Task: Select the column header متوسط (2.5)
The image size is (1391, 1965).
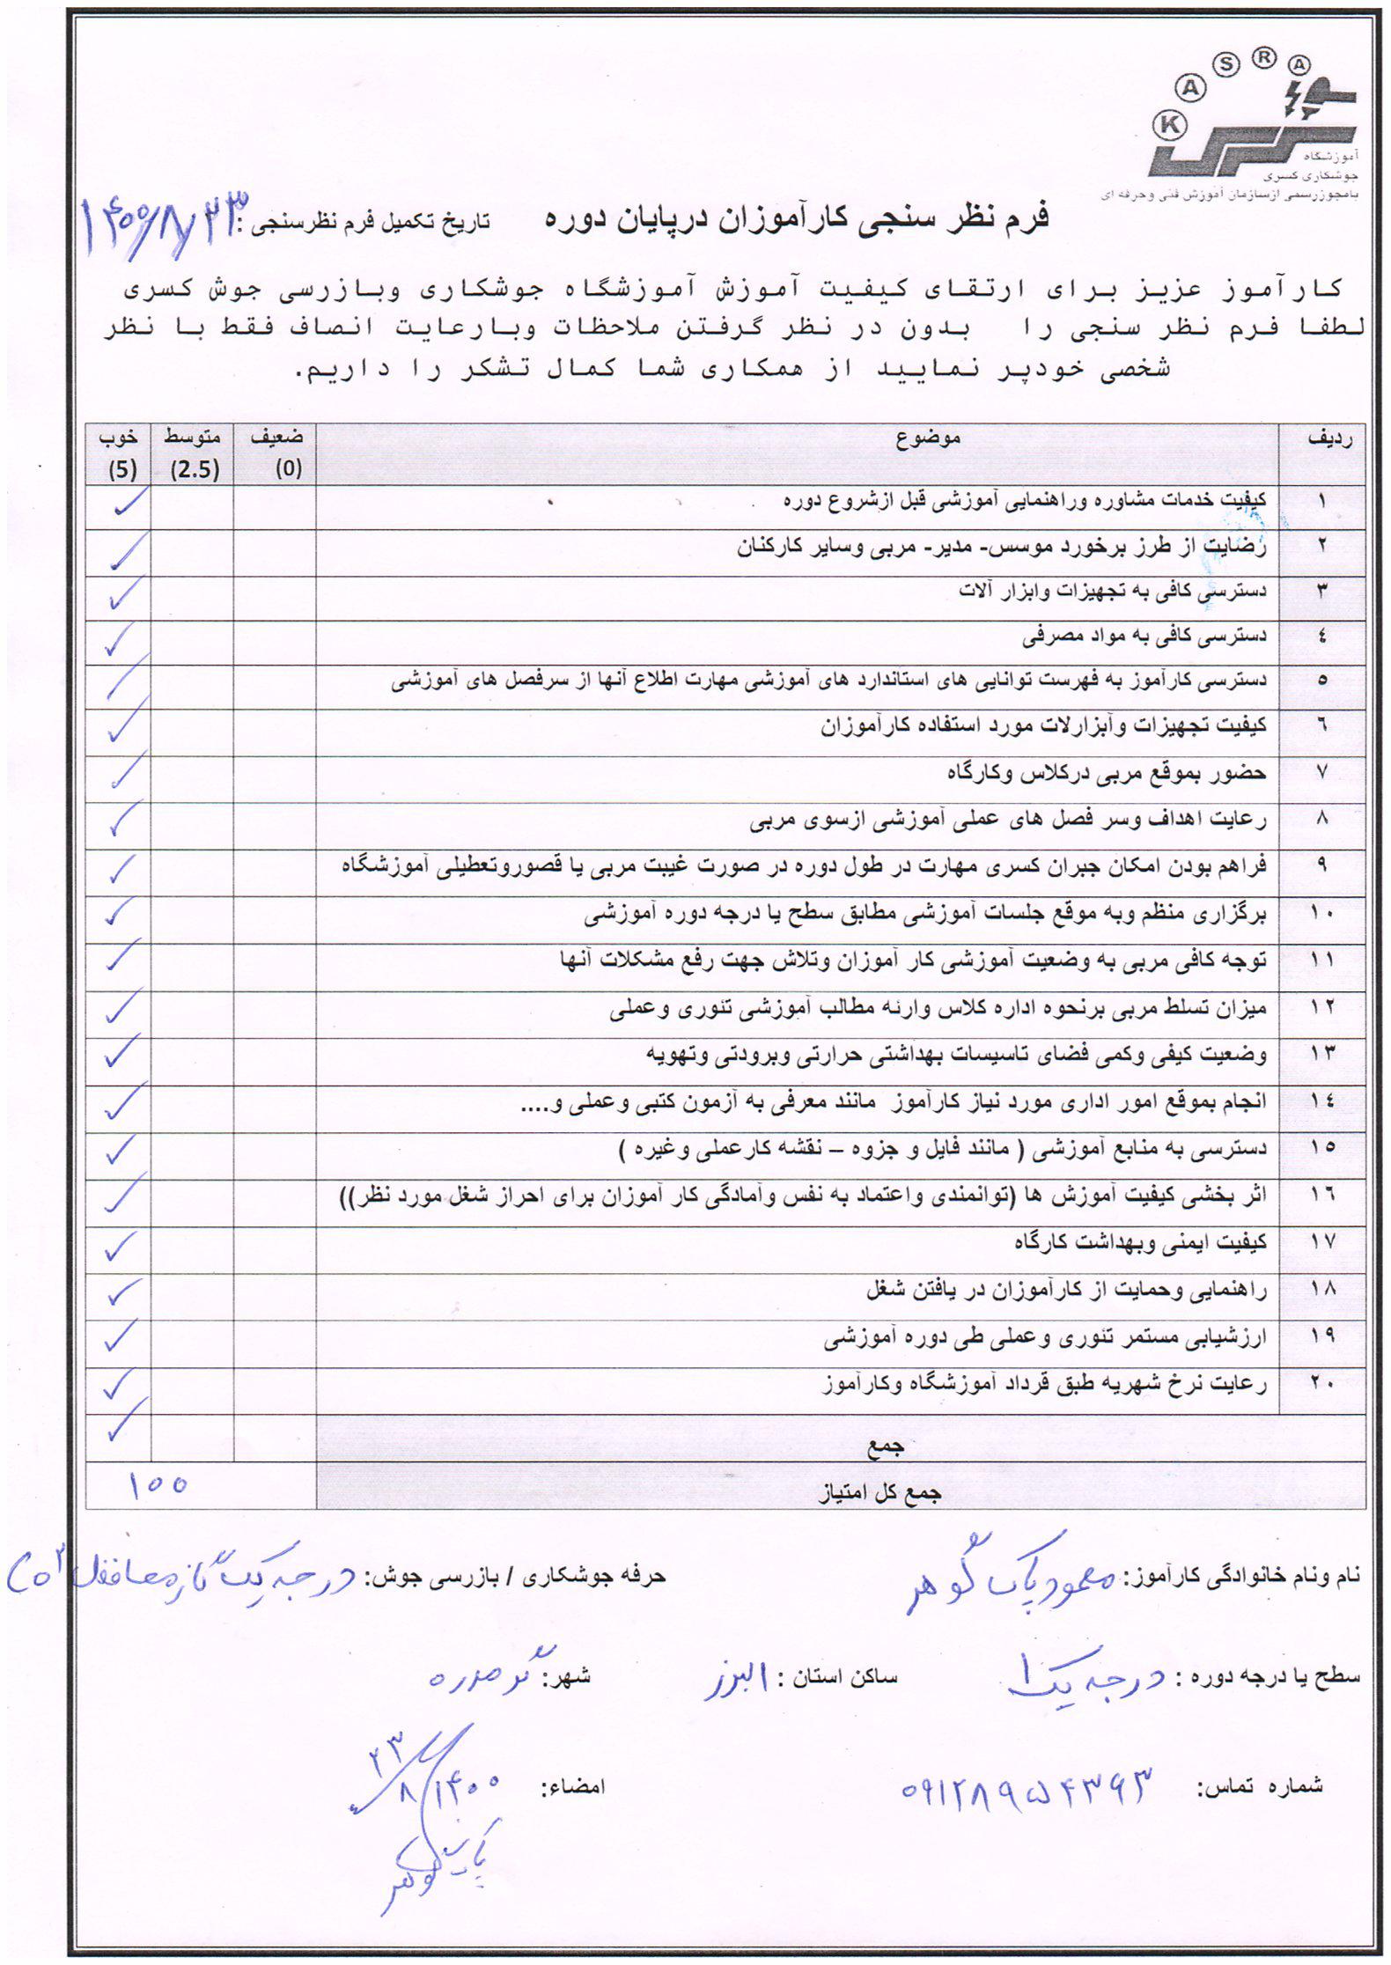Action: (x=192, y=453)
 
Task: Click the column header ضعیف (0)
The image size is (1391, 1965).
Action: (x=276, y=453)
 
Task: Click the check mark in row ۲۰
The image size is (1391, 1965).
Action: (x=118, y=1385)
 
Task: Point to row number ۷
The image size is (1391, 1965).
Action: (x=1322, y=773)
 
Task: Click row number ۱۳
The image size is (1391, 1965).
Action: (x=1322, y=1052)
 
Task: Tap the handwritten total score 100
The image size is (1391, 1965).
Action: (x=158, y=1485)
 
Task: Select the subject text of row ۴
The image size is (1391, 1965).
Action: (x=1144, y=636)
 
